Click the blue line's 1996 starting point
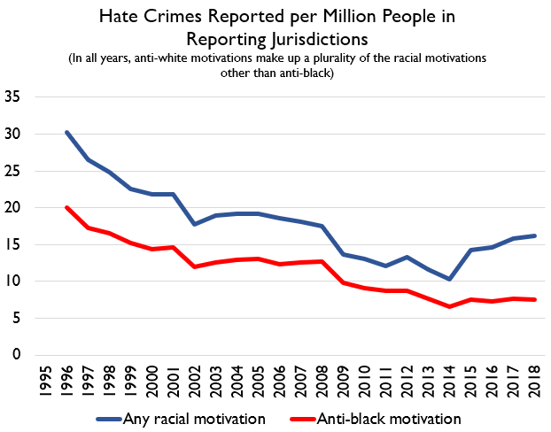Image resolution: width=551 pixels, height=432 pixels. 66,132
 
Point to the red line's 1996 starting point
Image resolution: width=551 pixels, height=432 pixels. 66,207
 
